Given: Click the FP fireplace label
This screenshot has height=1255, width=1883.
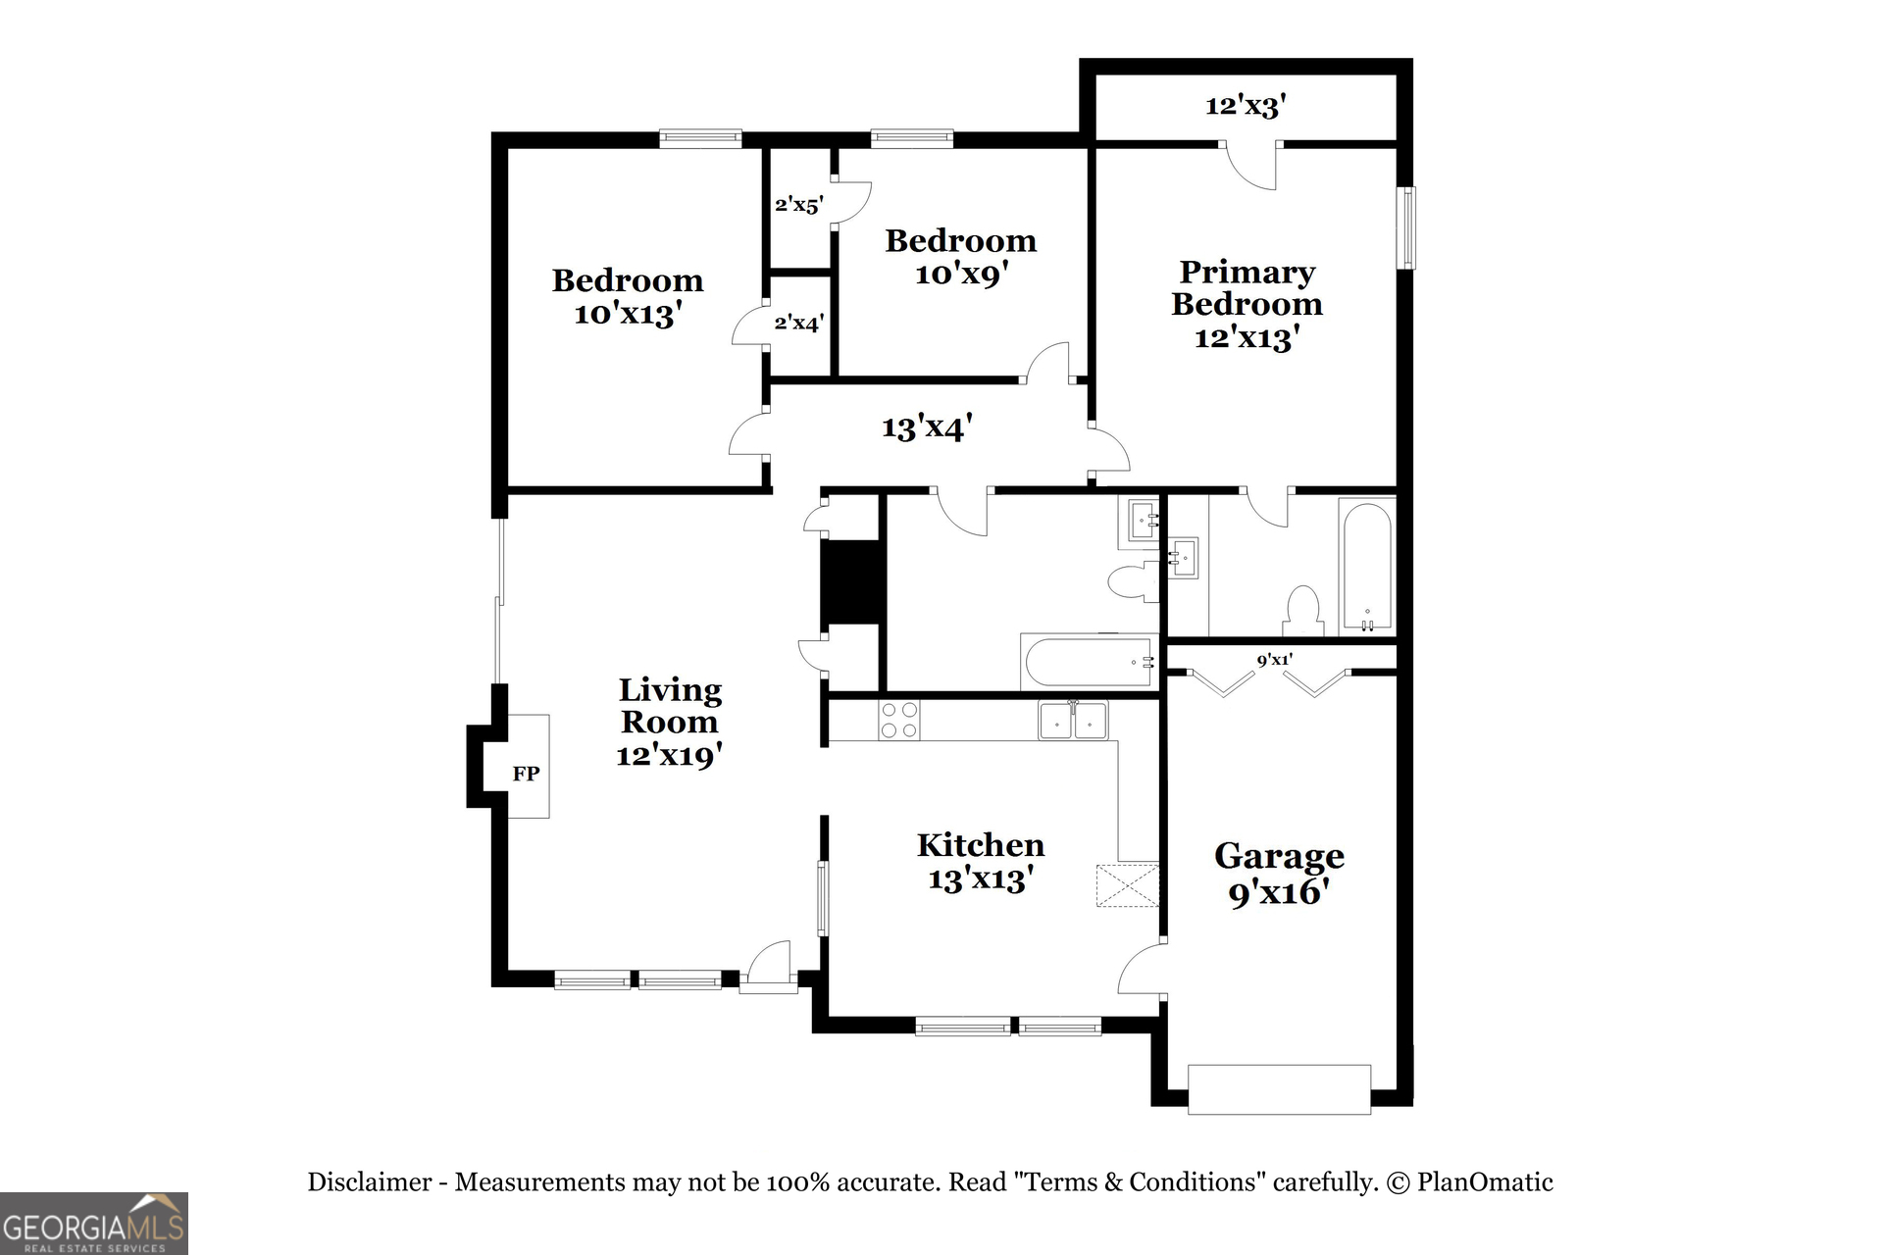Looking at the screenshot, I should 526,774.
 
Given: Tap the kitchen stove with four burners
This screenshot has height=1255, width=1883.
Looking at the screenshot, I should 898,721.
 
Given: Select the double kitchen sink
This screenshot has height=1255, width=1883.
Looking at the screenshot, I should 1073,722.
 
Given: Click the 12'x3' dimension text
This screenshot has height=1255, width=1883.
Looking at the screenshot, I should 1246,105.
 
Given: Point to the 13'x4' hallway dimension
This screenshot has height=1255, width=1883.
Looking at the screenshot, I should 927,427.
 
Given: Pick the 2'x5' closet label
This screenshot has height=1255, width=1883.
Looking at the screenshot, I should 798,205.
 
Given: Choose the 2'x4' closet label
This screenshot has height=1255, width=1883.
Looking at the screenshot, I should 798,322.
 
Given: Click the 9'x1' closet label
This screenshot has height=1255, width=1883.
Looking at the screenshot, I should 1274,660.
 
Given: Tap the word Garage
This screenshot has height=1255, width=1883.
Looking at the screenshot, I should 1279,856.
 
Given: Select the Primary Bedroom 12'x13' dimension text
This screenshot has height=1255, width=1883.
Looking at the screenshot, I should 1247,338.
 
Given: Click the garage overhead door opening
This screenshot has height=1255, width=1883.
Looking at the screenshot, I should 1279,1089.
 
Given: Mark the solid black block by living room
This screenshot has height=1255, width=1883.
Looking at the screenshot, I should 852,581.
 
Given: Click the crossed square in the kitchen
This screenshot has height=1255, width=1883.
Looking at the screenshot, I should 1127,885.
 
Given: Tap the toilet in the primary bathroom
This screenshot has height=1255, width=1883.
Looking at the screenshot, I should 1302,612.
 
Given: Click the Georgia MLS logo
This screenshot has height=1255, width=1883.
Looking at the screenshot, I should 94,1224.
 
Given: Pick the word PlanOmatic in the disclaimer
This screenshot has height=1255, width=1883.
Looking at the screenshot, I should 1485,1182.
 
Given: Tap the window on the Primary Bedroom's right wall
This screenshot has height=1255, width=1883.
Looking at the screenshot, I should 1407,227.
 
